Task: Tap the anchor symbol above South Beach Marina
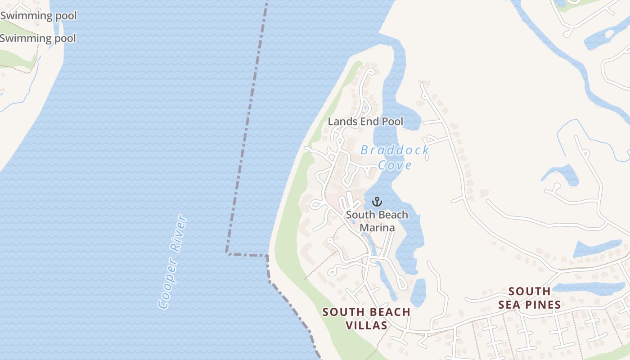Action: click(377, 201)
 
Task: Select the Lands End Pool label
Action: click(365, 121)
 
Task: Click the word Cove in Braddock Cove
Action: click(395, 165)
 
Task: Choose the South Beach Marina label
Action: click(377, 221)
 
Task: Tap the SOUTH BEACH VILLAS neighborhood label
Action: click(366, 318)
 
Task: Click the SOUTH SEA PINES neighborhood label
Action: click(529, 298)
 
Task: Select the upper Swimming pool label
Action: click(39, 16)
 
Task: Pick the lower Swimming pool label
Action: click(38, 38)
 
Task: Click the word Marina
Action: click(377, 228)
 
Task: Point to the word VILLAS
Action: click(366, 325)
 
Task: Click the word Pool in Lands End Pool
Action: click(392, 121)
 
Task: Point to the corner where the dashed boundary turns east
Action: click(227, 253)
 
